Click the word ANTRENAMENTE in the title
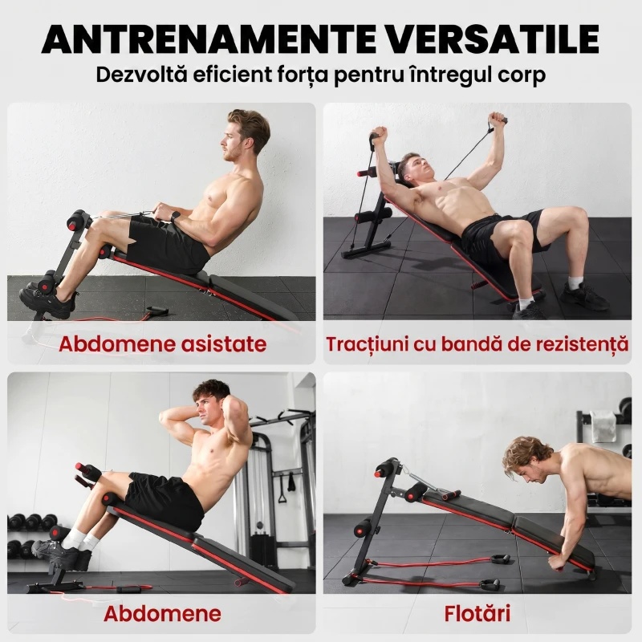click(x=209, y=39)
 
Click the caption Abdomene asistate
click(x=163, y=343)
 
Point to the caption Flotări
click(x=477, y=613)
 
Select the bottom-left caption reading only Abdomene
click(x=163, y=613)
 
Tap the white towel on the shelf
click(x=603, y=427)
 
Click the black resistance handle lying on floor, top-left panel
click(x=156, y=311)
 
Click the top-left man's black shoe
click(x=47, y=301)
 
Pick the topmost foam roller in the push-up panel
click(x=387, y=469)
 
